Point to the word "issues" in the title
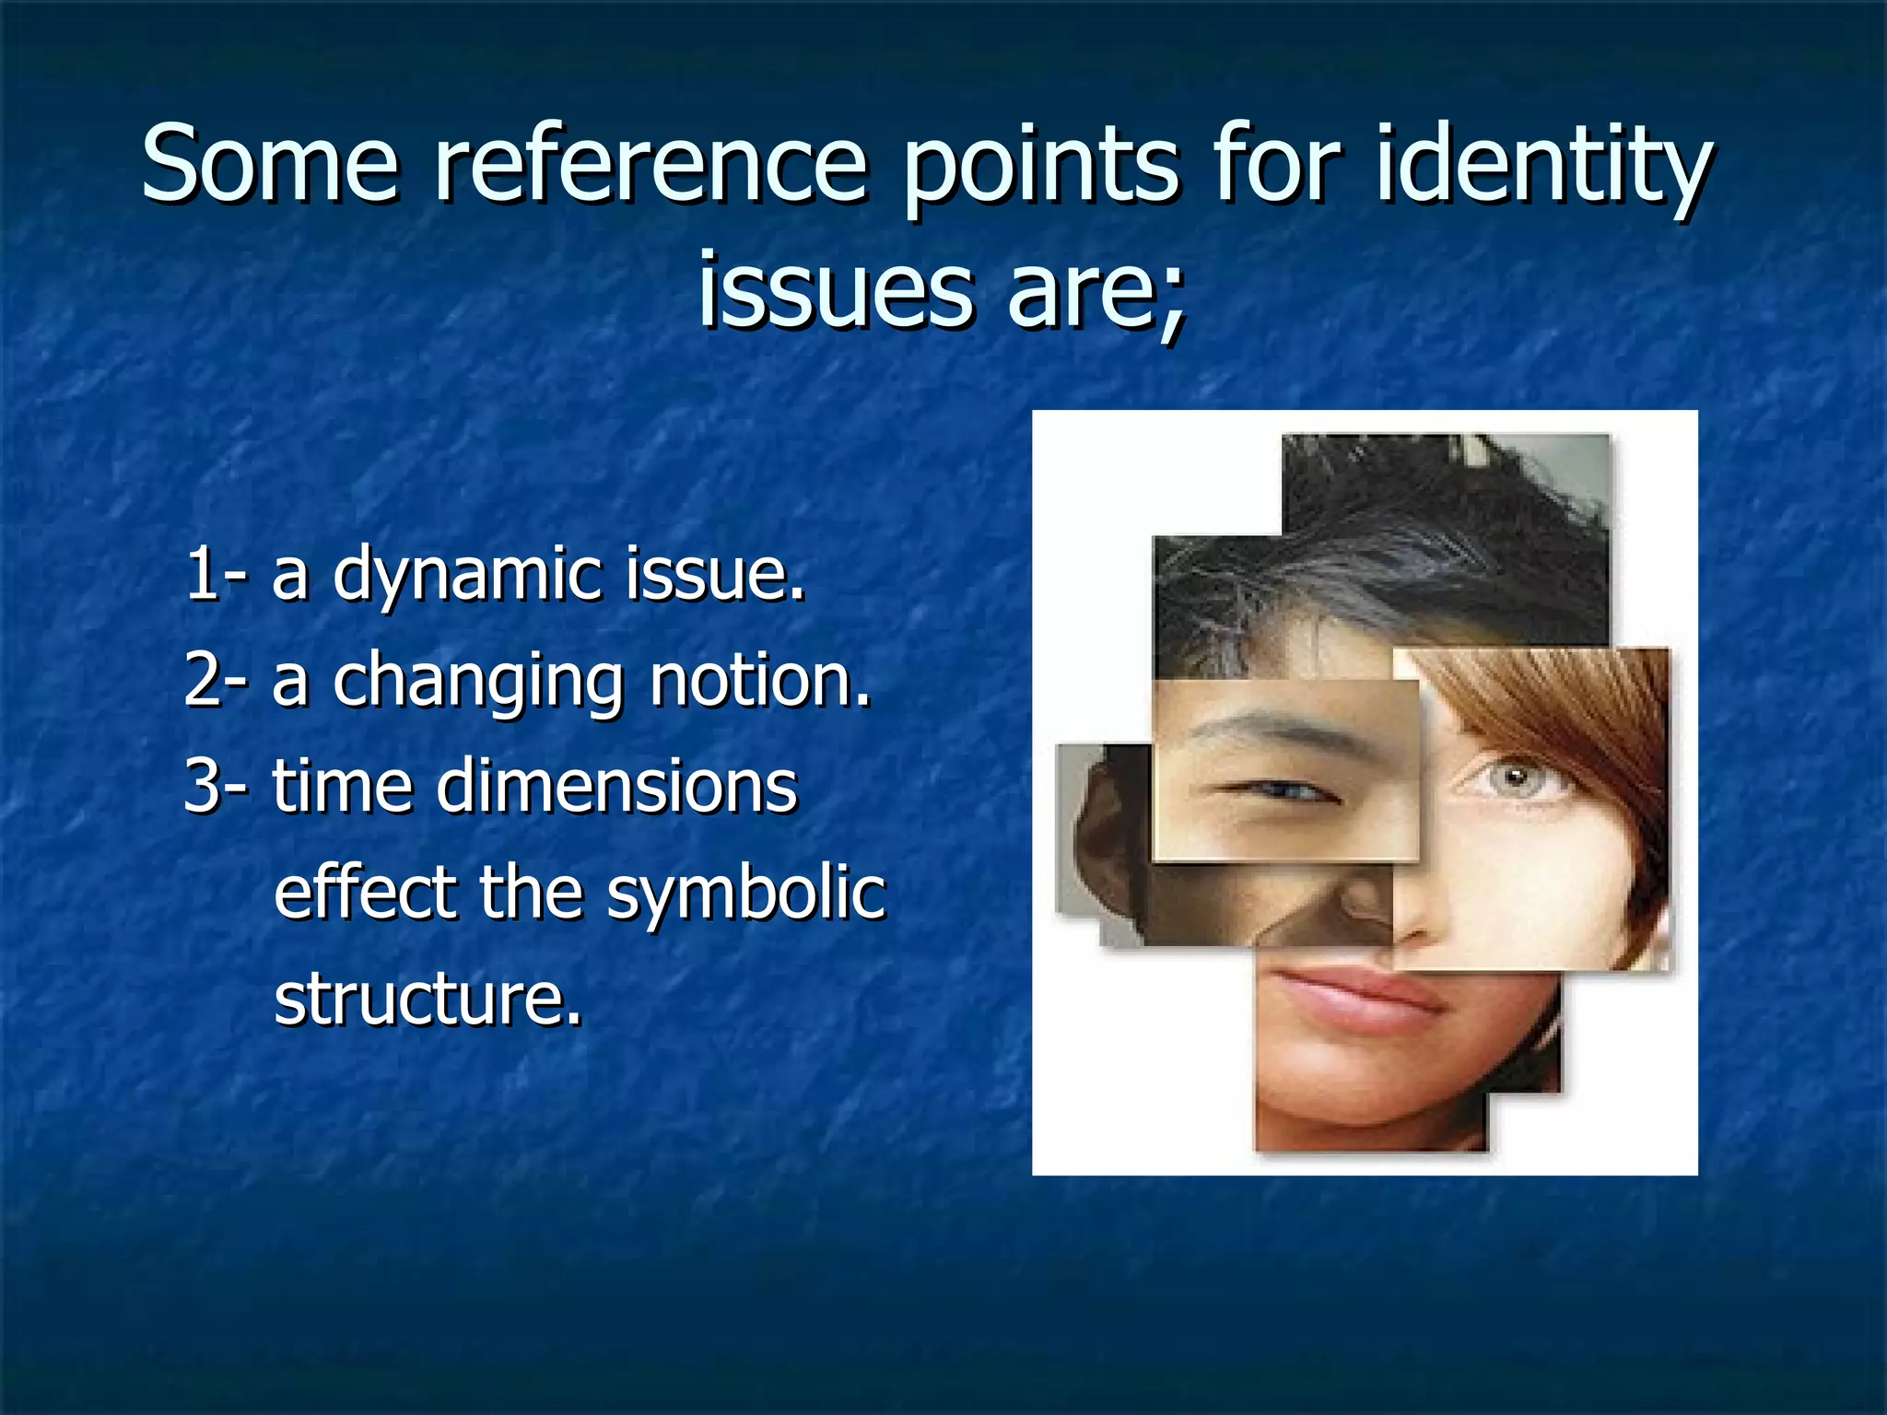tap(835, 289)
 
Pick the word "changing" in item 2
tap(478, 683)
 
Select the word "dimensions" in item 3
tap(616, 787)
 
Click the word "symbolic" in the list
tap(746, 894)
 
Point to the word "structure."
tap(428, 999)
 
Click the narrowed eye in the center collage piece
tap(1281, 790)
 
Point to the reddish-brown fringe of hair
tap(1557, 709)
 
